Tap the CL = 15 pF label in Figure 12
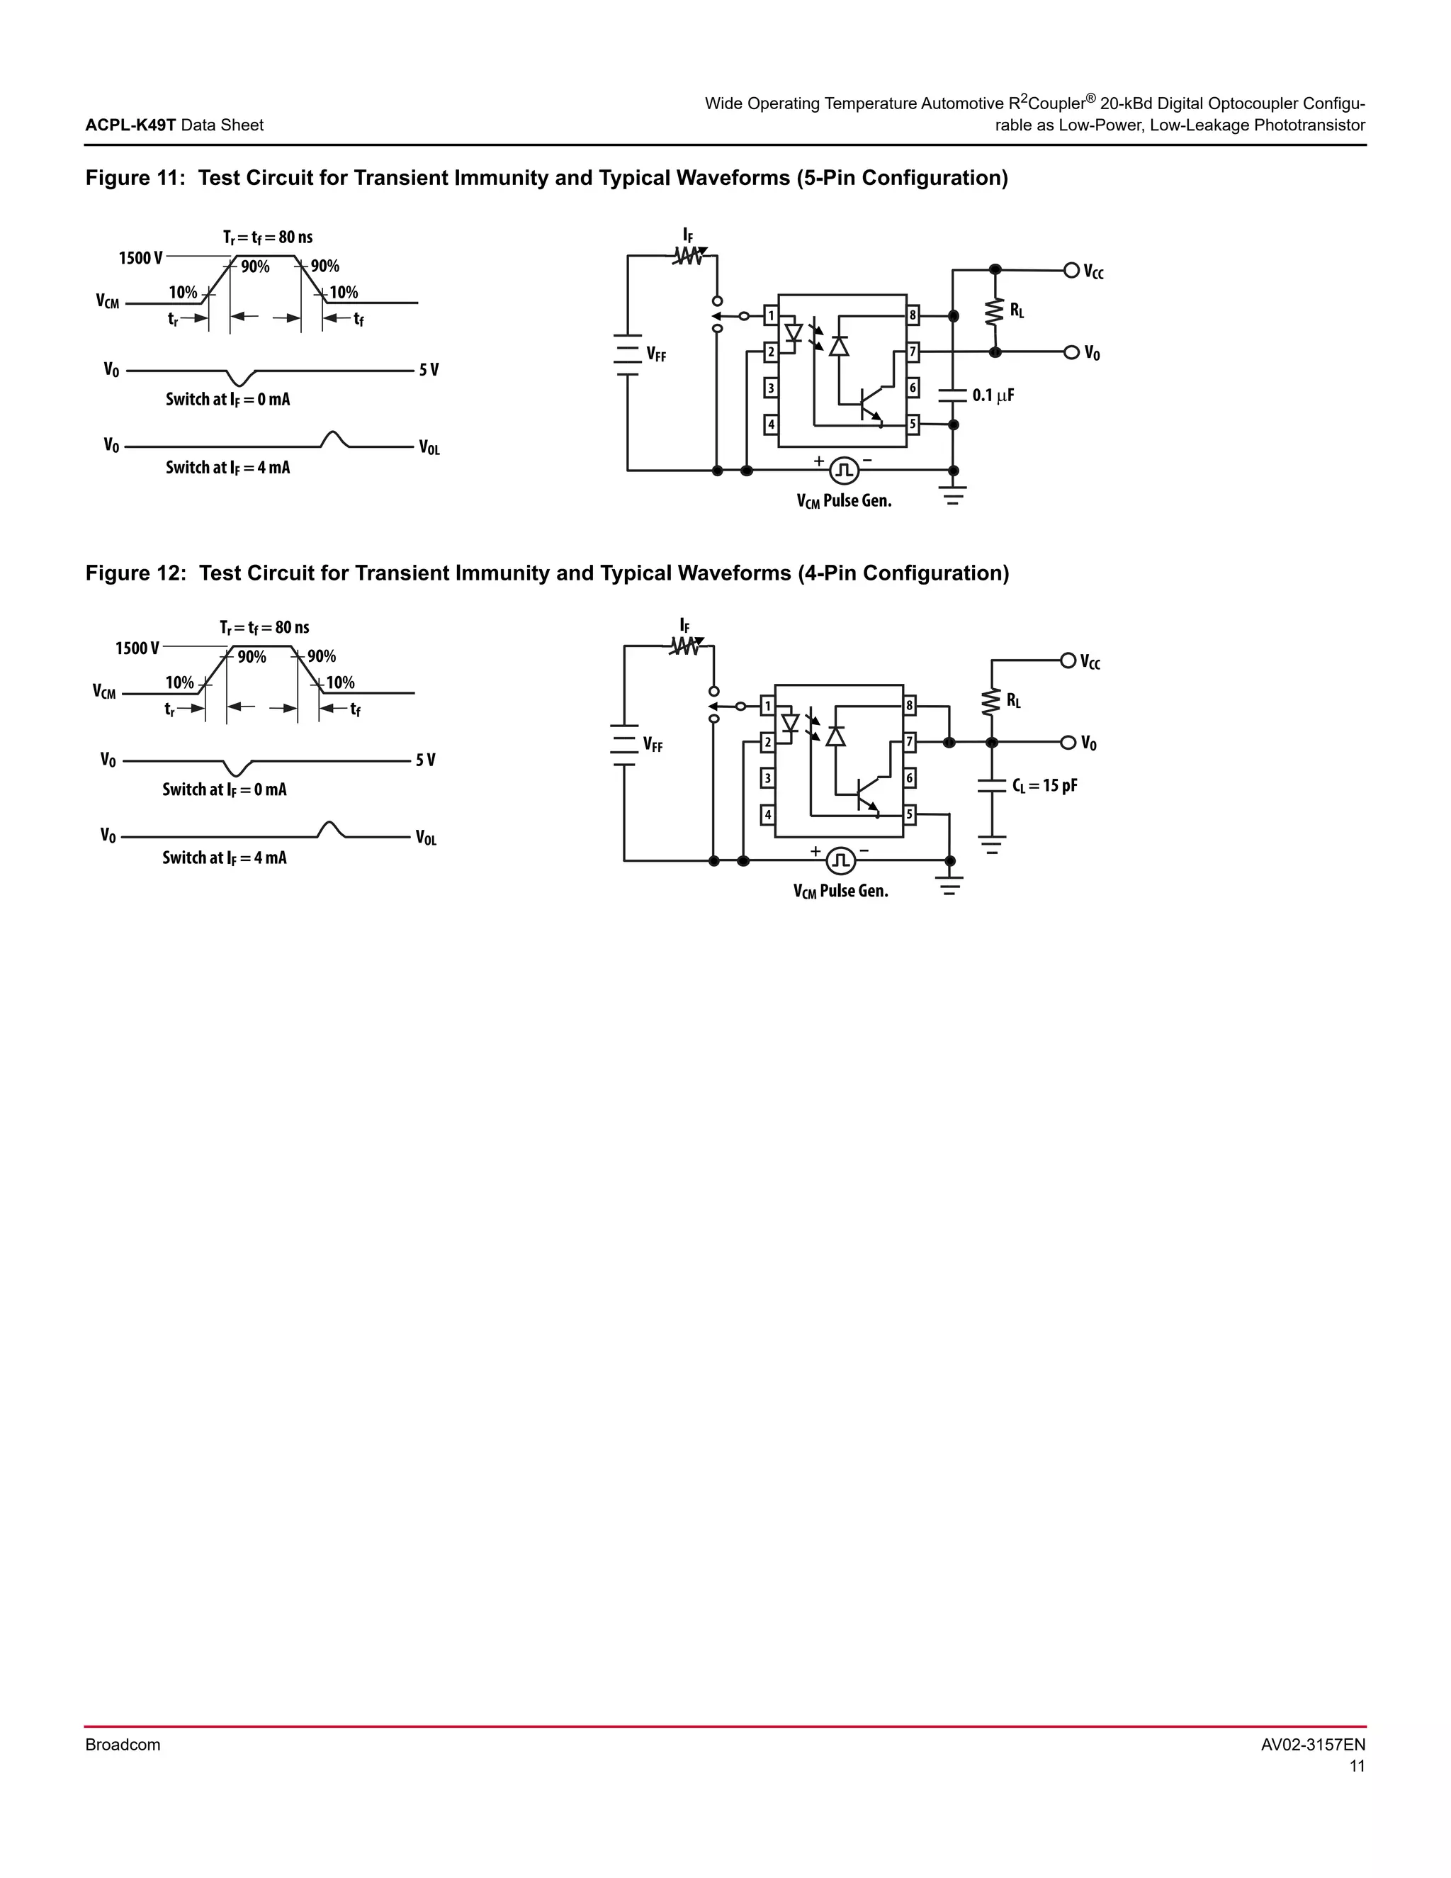1044,785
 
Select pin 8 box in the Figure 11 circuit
913,315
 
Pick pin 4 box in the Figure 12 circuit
767,814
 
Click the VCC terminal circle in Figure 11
1071,270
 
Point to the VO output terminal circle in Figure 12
1068,742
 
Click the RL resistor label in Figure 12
1013,702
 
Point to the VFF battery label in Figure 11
655,354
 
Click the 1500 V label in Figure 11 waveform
140,258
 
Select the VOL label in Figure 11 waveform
429,447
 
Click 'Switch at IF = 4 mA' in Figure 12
225,858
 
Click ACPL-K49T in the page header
130,125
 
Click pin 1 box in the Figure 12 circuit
767,706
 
